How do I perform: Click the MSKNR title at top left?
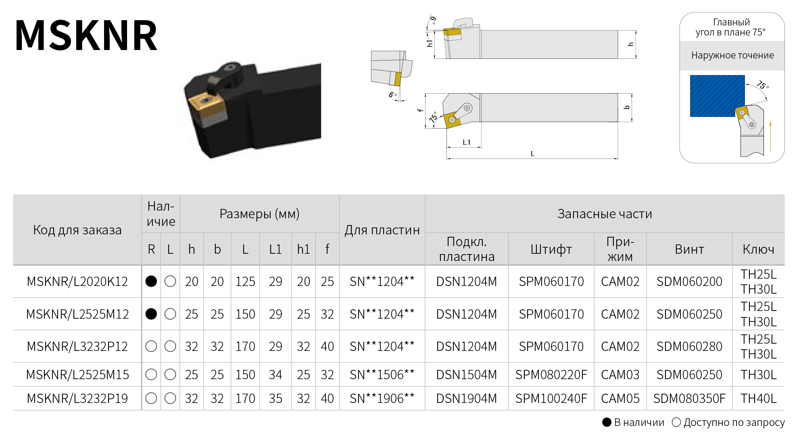pos(86,35)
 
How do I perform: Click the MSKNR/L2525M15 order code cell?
pos(77,375)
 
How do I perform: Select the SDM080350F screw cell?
pos(689,399)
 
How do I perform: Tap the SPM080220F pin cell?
pos(551,375)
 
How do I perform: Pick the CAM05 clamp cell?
pos(620,399)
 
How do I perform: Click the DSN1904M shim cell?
pos(467,399)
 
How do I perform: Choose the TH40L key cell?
pos(758,399)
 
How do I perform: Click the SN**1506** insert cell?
pos(382,375)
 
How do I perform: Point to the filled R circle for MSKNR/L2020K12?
pos(151,281)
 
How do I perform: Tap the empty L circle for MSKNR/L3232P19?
pos(170,399)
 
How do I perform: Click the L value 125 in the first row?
pos(245,282)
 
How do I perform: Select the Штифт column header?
pos(551,249)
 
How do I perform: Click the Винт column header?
pos(689,249)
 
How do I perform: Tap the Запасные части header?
pos(605,214)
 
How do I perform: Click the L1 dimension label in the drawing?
pos(467,142)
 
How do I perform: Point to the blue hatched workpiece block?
pos(717,96)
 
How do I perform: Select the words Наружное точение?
pos(732,55)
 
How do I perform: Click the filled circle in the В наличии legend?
pos(607,422)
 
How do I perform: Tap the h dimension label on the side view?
pos(631,44)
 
